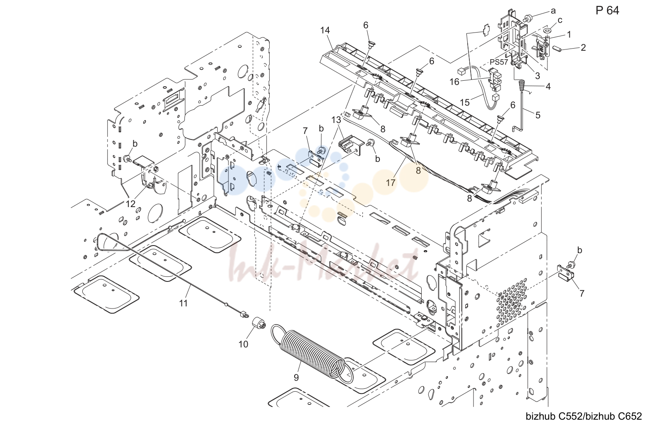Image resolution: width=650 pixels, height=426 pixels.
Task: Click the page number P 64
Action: coord(607,11)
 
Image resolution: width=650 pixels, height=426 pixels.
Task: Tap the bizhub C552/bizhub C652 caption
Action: coord(584,416)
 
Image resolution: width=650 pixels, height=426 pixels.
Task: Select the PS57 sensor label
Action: coord(499,62)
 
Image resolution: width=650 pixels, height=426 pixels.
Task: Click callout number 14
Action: coord(325,30)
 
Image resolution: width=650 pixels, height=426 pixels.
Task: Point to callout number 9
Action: coord(296,377)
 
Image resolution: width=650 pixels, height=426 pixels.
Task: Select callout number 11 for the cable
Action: coord(183,303)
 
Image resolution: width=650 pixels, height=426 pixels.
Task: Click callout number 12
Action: coord(130,204)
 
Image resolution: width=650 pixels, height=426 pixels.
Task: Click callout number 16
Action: coord(455,82)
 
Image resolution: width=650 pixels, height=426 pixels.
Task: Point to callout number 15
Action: coord(465,102)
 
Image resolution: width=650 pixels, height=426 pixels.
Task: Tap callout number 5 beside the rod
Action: coord(538,115)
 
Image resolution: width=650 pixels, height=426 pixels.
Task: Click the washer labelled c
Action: coord(547,30)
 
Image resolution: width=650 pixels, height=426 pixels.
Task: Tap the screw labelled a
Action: coord(526,19)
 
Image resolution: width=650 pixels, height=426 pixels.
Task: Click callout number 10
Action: coord(244,344)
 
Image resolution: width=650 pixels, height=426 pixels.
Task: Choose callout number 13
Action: coord(336,120)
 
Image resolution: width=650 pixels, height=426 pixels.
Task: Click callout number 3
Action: coord(537,76)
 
